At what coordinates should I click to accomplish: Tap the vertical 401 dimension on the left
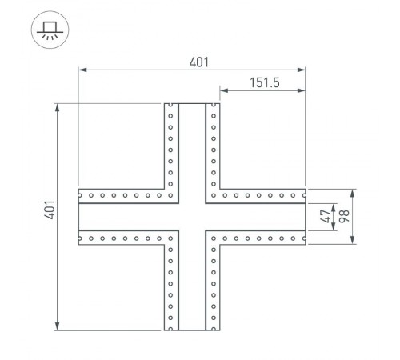click(x=49, y=215)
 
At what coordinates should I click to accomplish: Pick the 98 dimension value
click(x=344, y=216)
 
